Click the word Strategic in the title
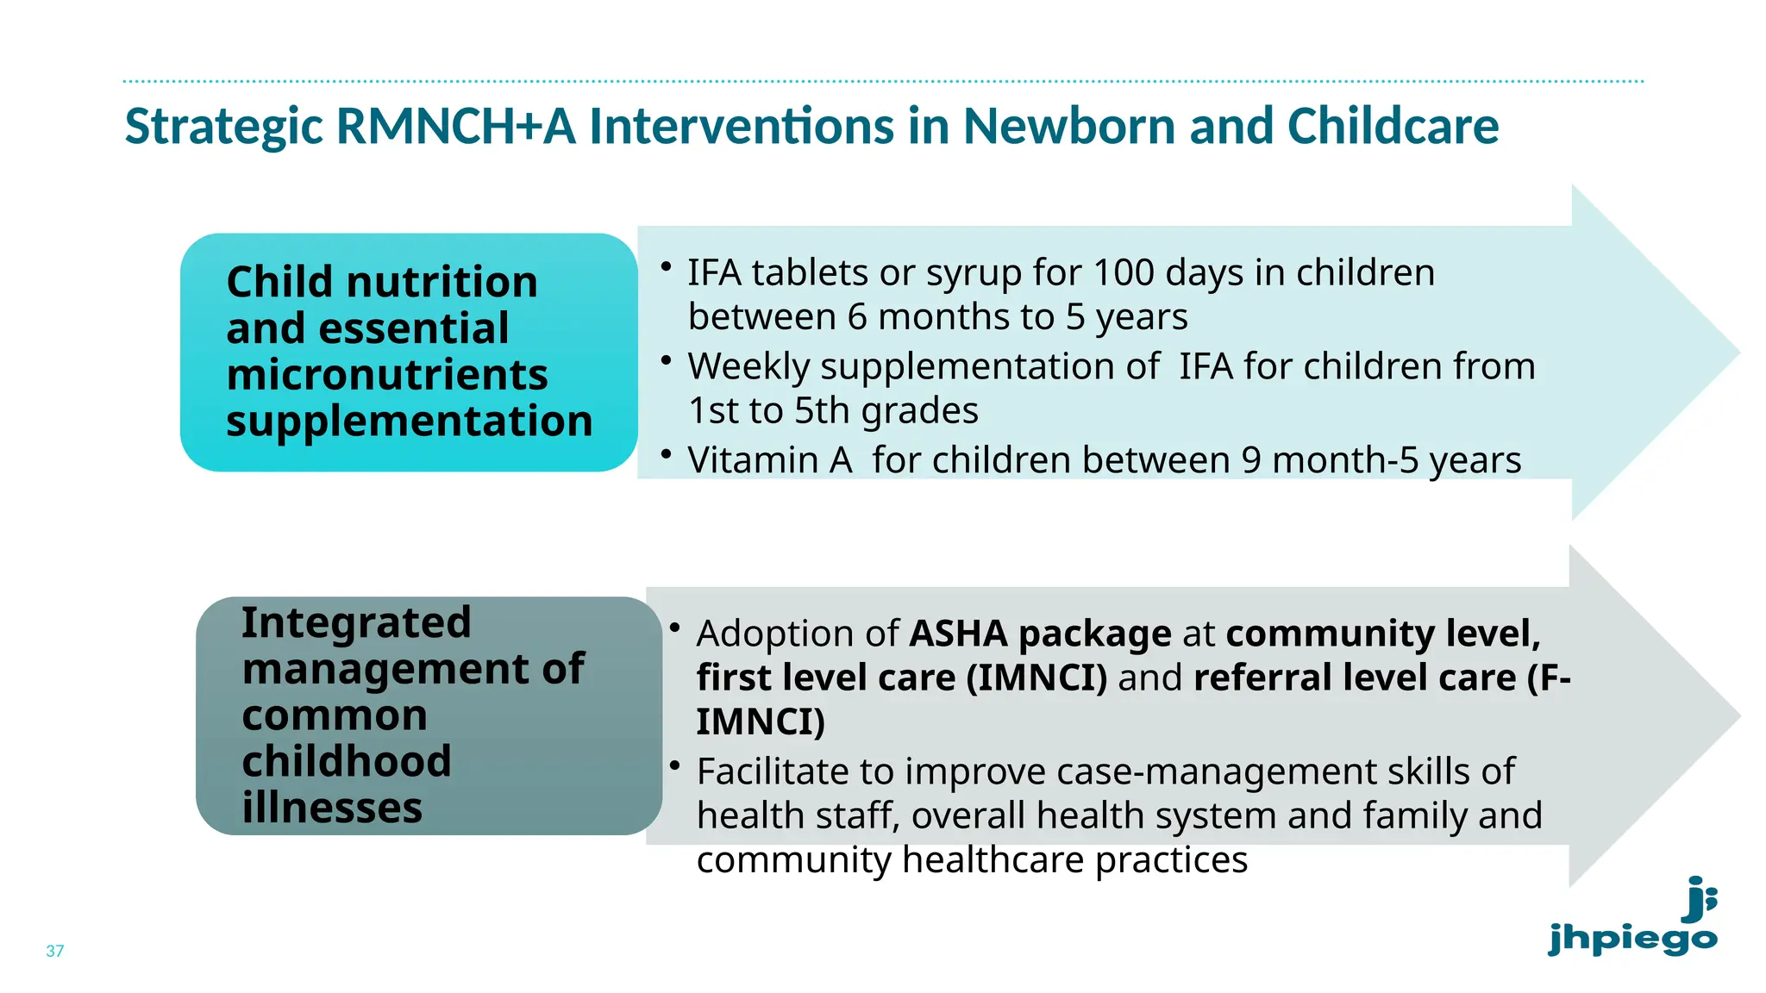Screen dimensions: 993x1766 (x=223, y=127)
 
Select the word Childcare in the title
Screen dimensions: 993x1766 (x=1393, y=127)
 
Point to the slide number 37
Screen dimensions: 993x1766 (x=55, y=951)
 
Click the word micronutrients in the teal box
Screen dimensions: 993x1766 (x=386, y=375)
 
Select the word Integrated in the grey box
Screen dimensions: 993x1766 (x=356, y=622)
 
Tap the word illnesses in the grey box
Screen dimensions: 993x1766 (x=332, y=808)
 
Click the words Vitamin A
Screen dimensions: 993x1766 (x=769, y=460)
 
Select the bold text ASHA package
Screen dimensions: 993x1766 (x=1040, y=634)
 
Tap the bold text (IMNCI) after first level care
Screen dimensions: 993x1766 (x=1036, y=678)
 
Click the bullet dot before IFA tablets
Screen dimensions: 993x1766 (x=666, y=267)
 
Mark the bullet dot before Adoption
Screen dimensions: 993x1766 (x=675, y=628)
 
